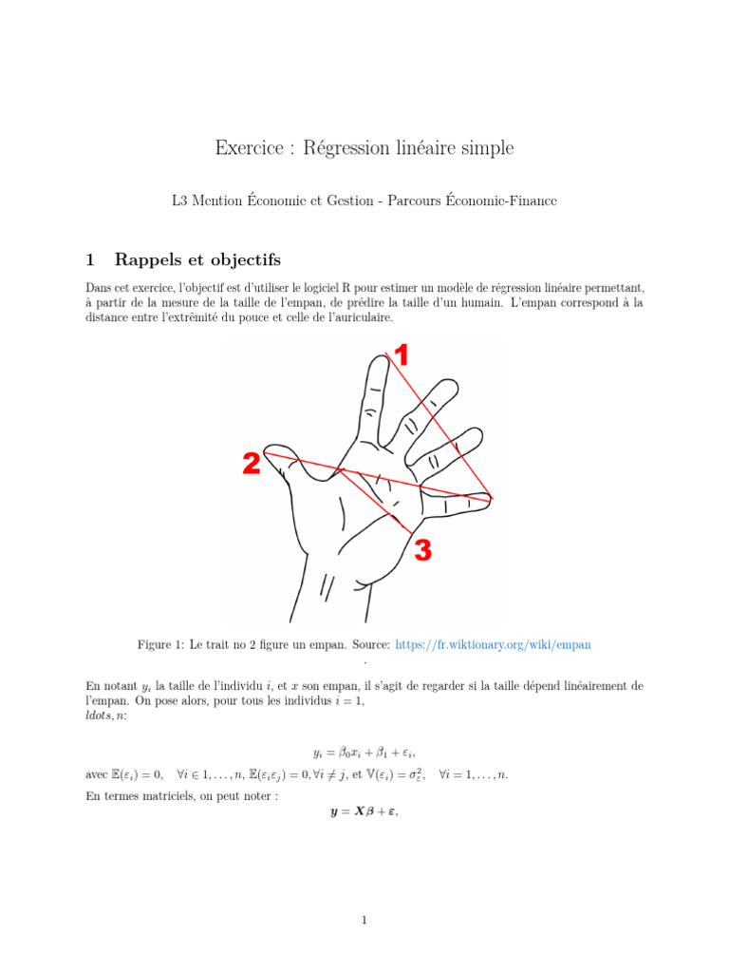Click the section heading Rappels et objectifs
pyautogui.click(x=197, y=259)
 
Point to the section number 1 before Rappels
pyautogui.click(x=90, y=259)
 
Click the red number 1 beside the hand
pyautogui.click(x=402, y=355)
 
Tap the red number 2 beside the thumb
pyautogui.click(x=251, y=464)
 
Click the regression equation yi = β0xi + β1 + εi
pyautogui.click(x=364, y=753)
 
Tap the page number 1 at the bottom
pyautogui.click(x=364, y=920)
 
